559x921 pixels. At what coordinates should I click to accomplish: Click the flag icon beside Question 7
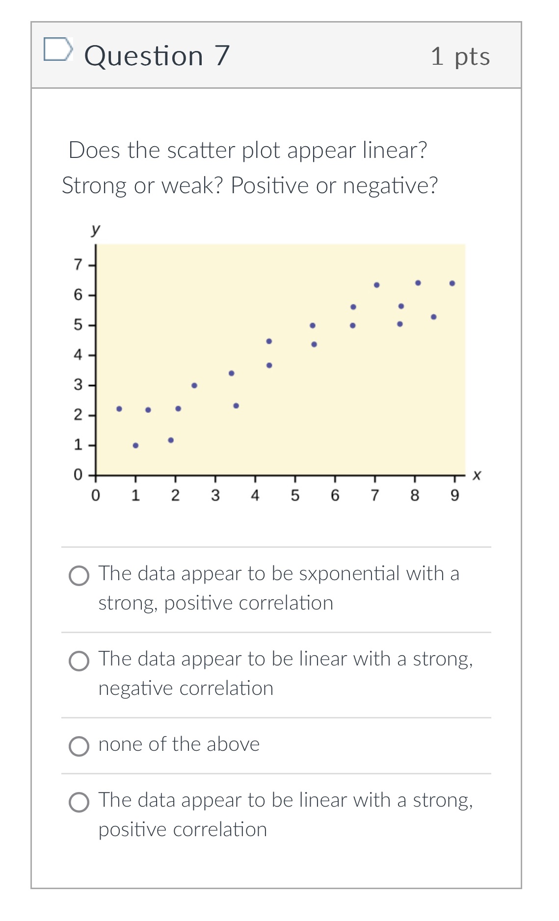(58, 50)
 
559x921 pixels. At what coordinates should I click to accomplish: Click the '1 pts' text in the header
(460, 56)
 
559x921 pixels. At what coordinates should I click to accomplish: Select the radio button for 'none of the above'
(79, 746)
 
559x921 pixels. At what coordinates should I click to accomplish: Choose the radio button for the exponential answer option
(79, 576)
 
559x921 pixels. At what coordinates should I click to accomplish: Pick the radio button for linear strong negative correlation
(79, 661)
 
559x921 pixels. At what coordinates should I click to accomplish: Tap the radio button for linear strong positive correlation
(79, 802)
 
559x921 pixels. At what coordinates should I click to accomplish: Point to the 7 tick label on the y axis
(78, 265)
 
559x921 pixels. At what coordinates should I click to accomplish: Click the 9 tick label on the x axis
(454, 496)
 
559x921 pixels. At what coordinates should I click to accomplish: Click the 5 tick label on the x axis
(295, 496)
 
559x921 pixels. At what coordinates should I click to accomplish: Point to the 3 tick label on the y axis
(78, 385)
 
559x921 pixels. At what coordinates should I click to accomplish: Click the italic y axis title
(95, 229)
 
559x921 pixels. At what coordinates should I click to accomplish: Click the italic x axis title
(477, 475)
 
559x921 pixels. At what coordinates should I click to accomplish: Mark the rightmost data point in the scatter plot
(452, 283)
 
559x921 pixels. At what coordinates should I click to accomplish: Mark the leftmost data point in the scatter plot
(119, 409)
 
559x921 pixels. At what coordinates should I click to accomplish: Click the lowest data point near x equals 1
(135, 445)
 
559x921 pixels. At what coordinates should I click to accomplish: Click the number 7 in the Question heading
(222, 55)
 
